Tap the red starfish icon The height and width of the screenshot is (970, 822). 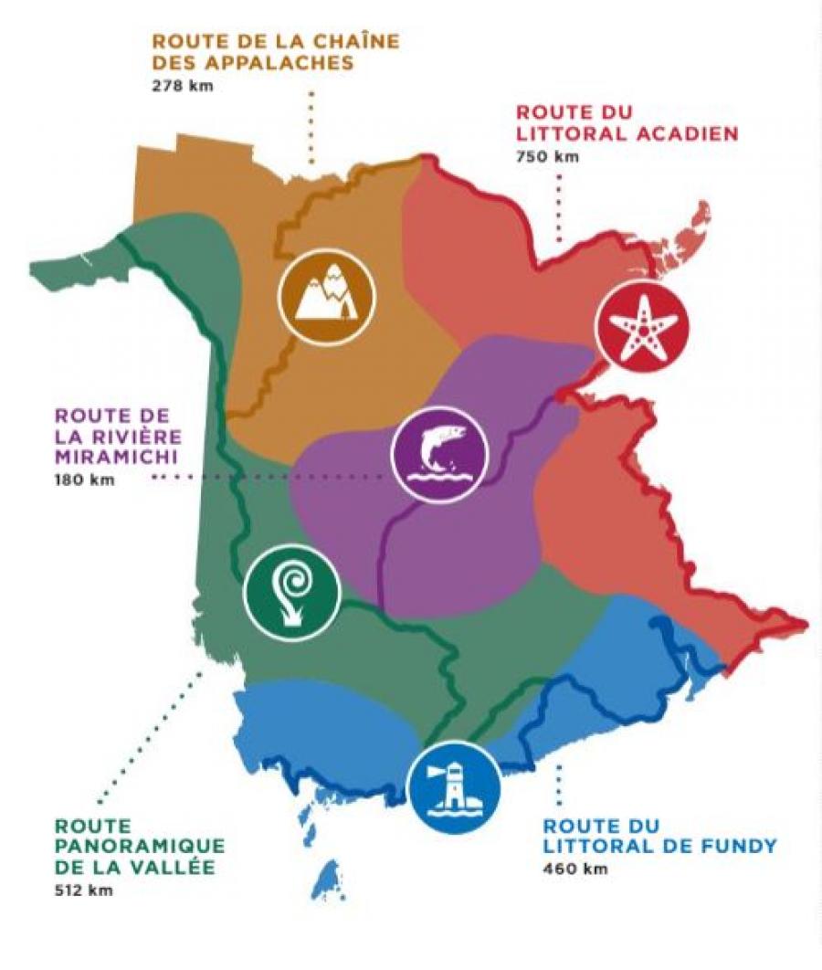point(639,329)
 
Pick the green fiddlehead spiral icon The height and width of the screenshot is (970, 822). point(291,592)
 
